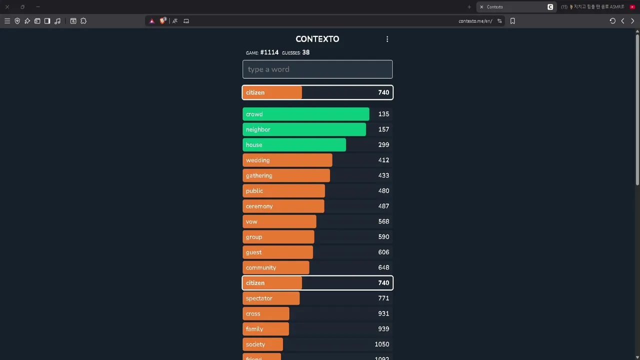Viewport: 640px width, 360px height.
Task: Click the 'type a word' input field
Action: coord(317,69)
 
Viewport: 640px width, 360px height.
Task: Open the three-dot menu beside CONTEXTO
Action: coord(387,39)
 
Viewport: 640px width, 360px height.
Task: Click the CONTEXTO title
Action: coord(317,39)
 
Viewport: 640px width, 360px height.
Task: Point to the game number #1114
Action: coord(269,52)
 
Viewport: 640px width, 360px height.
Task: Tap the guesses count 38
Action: coord(305,52)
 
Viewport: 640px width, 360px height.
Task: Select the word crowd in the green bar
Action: coord(254,114)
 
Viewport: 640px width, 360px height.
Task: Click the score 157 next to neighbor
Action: coord(383,129)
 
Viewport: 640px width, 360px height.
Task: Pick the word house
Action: coord(254,145)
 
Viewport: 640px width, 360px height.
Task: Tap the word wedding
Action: coord(257,160)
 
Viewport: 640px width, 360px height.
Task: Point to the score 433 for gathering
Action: coord(383,175)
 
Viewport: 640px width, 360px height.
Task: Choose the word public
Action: coord(254,191)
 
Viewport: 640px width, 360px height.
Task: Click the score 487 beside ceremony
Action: coord(383,206)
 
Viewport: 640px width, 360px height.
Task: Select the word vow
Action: coord(251,221)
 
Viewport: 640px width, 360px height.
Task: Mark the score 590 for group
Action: coord(383,237)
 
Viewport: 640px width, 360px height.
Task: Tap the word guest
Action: coord(253,252)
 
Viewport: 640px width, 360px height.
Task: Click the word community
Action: coord(260,268)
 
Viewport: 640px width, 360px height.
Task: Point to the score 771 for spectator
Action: coord(383,298)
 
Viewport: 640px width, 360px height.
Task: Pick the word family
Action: coord(254,329)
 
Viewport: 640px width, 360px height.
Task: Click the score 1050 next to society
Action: coord(381,344)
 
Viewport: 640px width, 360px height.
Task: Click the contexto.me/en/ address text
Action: coord(475,21)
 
